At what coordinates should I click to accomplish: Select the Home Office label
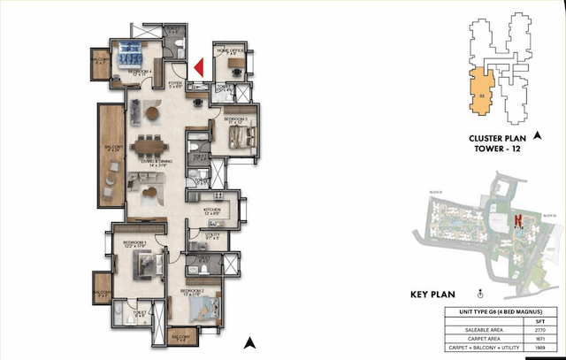(232, 51)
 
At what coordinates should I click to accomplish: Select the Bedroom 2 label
(193, 291)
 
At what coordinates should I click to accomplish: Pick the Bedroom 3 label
(233, 119)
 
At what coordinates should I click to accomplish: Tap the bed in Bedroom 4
(134, 50)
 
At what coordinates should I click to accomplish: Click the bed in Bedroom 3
(241, 137)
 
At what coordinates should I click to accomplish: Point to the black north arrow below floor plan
(250, 341)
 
